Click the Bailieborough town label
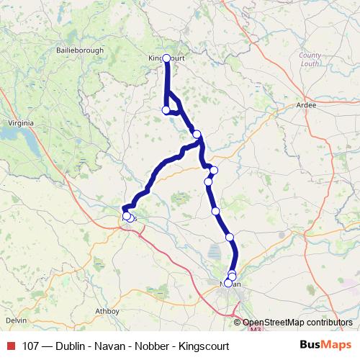(x=81, y=50)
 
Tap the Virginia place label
(x=17, y=122)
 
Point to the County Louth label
(x=310, y=59)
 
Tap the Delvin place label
(x=16, y=319)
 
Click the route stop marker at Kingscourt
(x=166, y=58)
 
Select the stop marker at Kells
(x=127, y=215)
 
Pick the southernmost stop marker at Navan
(x=228, y=283)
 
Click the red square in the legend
(x=9, y=346)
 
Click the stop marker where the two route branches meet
(x=197, y=134)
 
